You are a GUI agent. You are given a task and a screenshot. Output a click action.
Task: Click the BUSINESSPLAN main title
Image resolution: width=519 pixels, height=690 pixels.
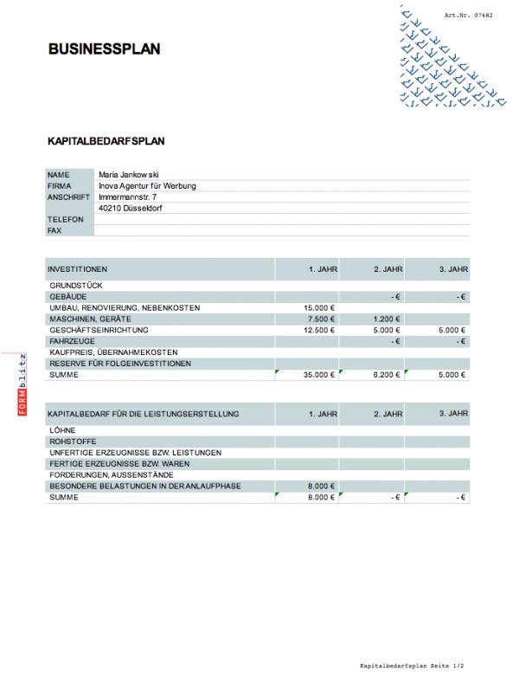105,50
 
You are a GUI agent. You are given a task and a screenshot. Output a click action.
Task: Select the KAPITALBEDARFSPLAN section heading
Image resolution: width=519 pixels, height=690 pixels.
106,139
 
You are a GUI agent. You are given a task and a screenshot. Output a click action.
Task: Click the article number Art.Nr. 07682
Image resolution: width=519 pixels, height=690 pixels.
467,16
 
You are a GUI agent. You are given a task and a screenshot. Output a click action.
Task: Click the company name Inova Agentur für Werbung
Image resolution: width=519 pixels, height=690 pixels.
148,185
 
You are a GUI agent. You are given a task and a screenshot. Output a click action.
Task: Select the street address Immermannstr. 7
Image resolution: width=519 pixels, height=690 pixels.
127,197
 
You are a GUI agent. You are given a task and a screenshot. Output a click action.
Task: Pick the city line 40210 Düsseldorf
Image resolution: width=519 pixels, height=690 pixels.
131,209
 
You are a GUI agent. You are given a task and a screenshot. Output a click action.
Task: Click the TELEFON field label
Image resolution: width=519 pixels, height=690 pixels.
66,220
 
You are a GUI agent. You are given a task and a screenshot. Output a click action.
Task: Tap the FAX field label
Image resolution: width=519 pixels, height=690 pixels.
54,231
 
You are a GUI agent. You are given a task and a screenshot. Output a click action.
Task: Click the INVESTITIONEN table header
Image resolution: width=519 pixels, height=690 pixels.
78,269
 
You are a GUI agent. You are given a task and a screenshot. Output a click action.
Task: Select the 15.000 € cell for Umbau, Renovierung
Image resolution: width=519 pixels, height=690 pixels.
319,308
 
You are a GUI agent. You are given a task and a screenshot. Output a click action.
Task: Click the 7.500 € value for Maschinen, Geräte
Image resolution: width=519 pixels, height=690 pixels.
322,319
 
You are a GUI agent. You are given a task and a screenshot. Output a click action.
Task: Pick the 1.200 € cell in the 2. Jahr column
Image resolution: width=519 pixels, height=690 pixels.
388,319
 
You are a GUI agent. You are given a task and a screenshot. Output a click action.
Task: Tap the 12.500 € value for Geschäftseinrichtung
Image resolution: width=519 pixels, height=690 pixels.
319,331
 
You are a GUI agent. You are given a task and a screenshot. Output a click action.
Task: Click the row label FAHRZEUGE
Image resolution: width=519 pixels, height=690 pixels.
72,342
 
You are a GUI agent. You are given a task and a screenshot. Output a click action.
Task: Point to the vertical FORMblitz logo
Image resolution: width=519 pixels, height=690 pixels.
22,386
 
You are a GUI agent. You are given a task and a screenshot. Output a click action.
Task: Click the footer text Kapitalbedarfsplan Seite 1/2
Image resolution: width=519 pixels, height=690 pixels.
413,667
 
